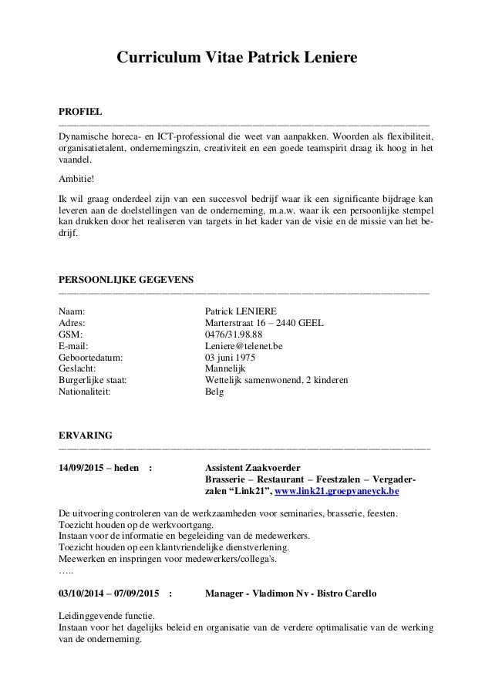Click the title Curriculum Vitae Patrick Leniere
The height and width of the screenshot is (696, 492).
pos(237,58)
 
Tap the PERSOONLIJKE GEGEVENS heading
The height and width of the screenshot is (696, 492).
pos(126,278)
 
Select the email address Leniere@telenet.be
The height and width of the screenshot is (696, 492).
pos(244,346)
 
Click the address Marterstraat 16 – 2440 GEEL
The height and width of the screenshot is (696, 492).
pos(265,323)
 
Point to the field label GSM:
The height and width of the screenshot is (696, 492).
pos(70,335)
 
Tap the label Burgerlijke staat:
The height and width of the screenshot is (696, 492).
pos(93,380)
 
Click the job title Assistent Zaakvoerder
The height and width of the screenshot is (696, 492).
pos(253,468)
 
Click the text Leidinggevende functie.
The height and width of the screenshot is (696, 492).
pos(106,616)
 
